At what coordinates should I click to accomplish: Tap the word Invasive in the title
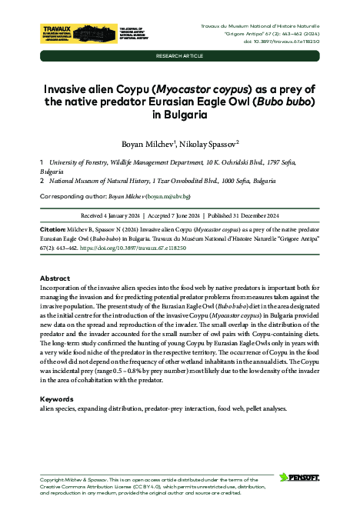coord(68,88)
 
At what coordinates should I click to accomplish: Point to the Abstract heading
coord(55,278)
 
